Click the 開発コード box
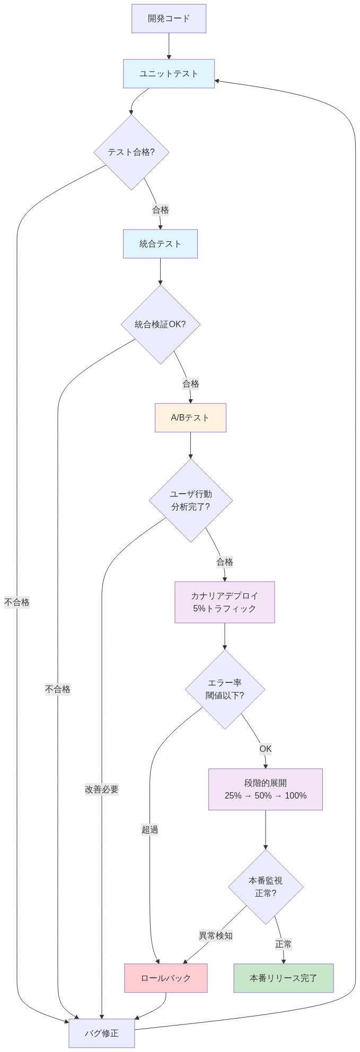[x=169, y=19]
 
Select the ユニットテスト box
[x=169, y=74]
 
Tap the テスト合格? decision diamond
[x=131, y=152]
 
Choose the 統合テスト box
[x=160, y=244]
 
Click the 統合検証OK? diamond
[x=161, y=325]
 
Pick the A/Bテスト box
[x=190, y=418]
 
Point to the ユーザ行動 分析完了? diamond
[x=191, y=500]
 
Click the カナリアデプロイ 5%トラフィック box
[x=225, y=602]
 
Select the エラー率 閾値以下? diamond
[x=225, y=689]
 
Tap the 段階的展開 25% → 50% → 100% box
[x=266, y=790]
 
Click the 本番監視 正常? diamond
[x=266, y=887]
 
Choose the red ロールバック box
[x=166, y=978]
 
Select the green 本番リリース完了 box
[x=284, y=978]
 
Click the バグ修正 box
[x=102, y=1033]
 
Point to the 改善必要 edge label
[x=102, y=790]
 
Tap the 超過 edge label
[x=150, y=830]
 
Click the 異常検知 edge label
[x=216, y=936]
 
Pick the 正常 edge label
[x=284, y=944]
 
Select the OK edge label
[x=266, y=749]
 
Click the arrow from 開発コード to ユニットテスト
[x=169, y=46]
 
